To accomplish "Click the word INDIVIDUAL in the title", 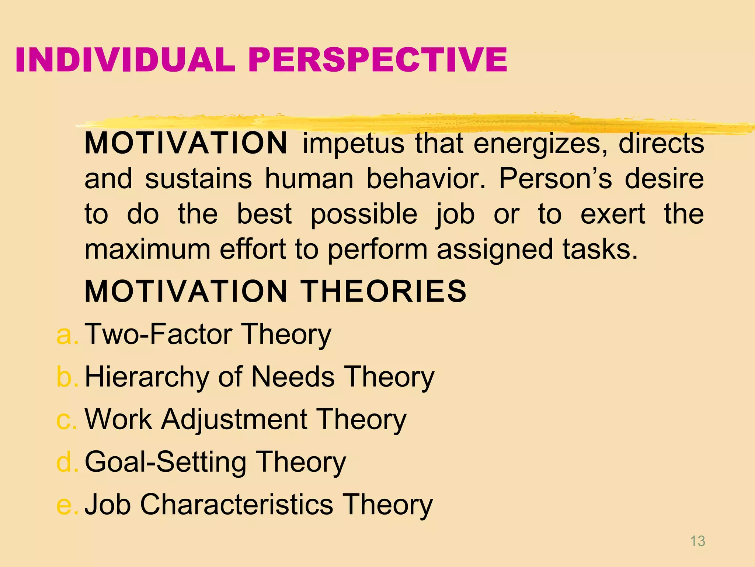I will [x=125, y=60].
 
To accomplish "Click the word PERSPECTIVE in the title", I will [x=378, y=60].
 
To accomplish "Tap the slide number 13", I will [x=697, y=541].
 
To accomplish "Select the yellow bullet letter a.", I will [x=67, y=334].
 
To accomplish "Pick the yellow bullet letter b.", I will [x=67, y=377].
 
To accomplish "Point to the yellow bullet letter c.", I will [x=67, y=419].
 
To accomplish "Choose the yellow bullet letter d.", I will [x=67, y=462].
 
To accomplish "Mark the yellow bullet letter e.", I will [x=67, y=505].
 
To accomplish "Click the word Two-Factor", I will [x=159, y=334].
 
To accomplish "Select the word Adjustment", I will [x=234, y=420].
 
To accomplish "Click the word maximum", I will [x=147, y=250].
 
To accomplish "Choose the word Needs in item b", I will [x=293, y=377].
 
